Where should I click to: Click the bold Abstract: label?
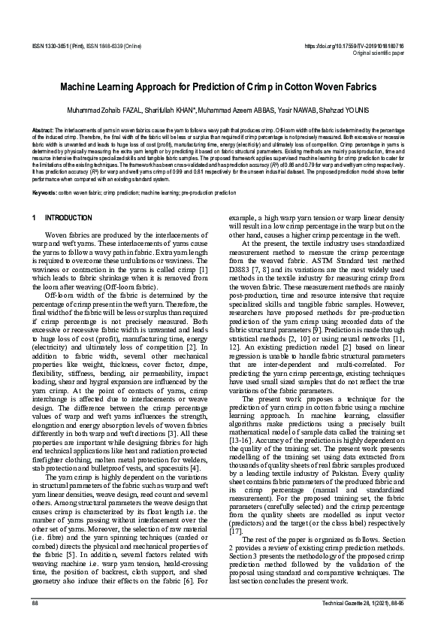43,129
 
